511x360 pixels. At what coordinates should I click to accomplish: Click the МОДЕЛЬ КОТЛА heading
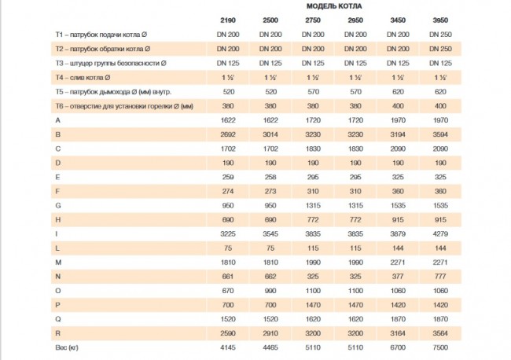tap(334, 6)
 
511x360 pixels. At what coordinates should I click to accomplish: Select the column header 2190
tap(228, 20)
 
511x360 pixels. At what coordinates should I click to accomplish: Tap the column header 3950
tap(440, 20)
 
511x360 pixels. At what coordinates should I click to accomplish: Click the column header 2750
tap(313, 20)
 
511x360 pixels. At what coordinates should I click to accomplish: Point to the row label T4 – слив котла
tap(83, 78)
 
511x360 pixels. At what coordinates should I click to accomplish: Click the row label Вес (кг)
tap(67, 347)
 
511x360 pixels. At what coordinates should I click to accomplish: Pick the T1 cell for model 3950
tap(440, 35)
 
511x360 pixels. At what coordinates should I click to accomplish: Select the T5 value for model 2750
tap(313, 92)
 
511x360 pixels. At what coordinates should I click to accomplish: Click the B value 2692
tap(228, 134)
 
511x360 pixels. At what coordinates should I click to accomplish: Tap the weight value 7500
tap(440, 347)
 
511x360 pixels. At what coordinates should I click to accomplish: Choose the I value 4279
tap(440, 234)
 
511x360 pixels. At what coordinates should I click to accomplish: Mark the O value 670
tap(228, 291)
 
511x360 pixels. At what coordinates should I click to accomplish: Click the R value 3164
tap(398, 333)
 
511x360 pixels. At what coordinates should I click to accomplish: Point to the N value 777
tap(440, 277)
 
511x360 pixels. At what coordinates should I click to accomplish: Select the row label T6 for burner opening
tap(124, 106)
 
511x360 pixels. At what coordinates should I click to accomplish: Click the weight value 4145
tap(228, 347)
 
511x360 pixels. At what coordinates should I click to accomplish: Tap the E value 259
tap(228, 177)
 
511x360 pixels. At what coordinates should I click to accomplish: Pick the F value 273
tap(270, 191)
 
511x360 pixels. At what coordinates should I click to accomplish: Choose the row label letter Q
tap(58, 319)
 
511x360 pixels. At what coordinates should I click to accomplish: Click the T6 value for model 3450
tap(398, 106)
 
